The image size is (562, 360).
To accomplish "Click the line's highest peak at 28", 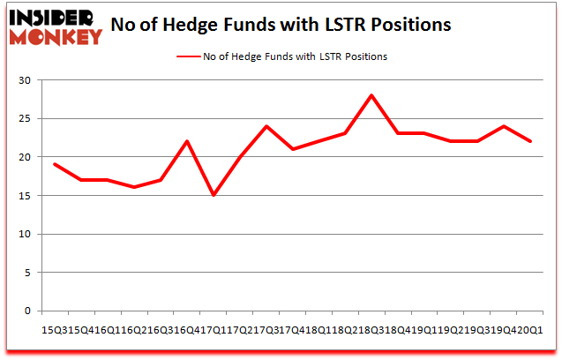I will click(372, 95).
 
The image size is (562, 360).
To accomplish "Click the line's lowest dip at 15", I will click(213, 196).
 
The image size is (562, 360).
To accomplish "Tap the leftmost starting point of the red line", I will click(54, 164).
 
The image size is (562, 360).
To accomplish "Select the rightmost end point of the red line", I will click(531, 141).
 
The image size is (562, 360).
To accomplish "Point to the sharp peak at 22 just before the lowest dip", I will click(186, 141).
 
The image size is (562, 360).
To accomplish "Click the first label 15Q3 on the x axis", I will click(53, 328).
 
